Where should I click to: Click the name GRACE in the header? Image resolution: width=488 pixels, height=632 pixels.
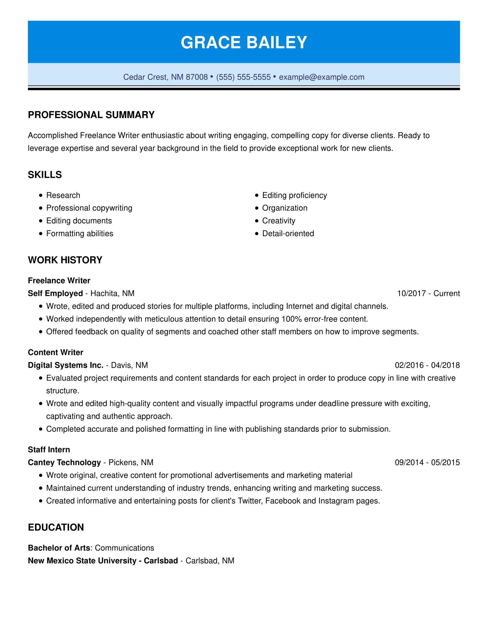210,43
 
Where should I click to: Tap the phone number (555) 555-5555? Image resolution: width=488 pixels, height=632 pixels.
243,77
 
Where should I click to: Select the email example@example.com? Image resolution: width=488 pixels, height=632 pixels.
322,77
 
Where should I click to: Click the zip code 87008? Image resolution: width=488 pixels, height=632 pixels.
197,77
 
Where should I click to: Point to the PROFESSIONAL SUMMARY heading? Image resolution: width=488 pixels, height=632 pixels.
91,115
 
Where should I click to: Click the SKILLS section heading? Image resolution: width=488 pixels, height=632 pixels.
45,175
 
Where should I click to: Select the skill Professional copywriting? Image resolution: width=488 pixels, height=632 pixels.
89,208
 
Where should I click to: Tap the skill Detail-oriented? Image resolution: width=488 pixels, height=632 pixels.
288,234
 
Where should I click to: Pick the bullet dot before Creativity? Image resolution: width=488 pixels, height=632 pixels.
257,221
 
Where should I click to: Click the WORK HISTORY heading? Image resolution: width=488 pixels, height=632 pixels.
65,260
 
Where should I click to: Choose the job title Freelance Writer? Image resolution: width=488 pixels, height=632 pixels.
59,281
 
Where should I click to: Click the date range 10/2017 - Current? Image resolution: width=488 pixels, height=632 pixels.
428,293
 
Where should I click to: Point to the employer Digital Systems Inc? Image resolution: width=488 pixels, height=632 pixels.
66,365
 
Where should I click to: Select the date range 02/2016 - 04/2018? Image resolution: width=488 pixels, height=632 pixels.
427,365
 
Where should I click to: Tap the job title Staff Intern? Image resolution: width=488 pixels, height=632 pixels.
49,450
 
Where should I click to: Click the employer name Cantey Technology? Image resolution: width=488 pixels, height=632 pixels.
64,463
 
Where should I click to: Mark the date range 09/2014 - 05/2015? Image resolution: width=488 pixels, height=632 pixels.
427,463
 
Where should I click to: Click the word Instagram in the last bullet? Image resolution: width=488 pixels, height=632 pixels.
336,501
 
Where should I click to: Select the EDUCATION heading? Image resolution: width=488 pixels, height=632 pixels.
56,527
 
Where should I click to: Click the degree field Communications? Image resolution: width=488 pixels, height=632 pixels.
124,548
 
